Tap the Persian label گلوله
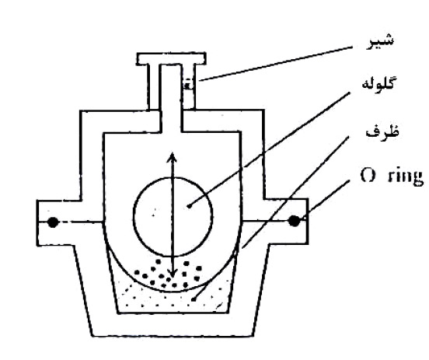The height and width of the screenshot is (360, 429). pyautogui.click(x=378, y=82)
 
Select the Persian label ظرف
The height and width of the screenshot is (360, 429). pyautogui.click(x=382, y=131)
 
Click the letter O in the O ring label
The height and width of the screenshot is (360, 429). pyautogui.click(x=368, y=176)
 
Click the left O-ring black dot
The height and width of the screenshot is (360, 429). pyautogui.click(x=53, y=222)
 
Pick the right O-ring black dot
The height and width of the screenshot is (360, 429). pyautogui.click(x=294, y=221)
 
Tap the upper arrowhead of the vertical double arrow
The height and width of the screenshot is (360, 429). pyautogui.click(x=172, y=156)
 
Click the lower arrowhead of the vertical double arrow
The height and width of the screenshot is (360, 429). pyautogui.click(x=172, y=273)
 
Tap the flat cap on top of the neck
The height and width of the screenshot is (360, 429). pyautogui.click(x=171, y=58)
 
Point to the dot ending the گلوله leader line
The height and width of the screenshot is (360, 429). pyautogui.click(x=189, y=206)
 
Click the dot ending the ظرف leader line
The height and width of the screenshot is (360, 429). pyautogui.click(x=194, y=300)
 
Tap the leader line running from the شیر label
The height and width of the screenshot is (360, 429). pyautogui.click(x=275, y=64)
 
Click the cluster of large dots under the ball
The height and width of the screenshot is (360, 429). pyautogui.click(x=167, y=274)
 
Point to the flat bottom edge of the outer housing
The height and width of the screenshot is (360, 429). pyautogui.click(x=173, y=335)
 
